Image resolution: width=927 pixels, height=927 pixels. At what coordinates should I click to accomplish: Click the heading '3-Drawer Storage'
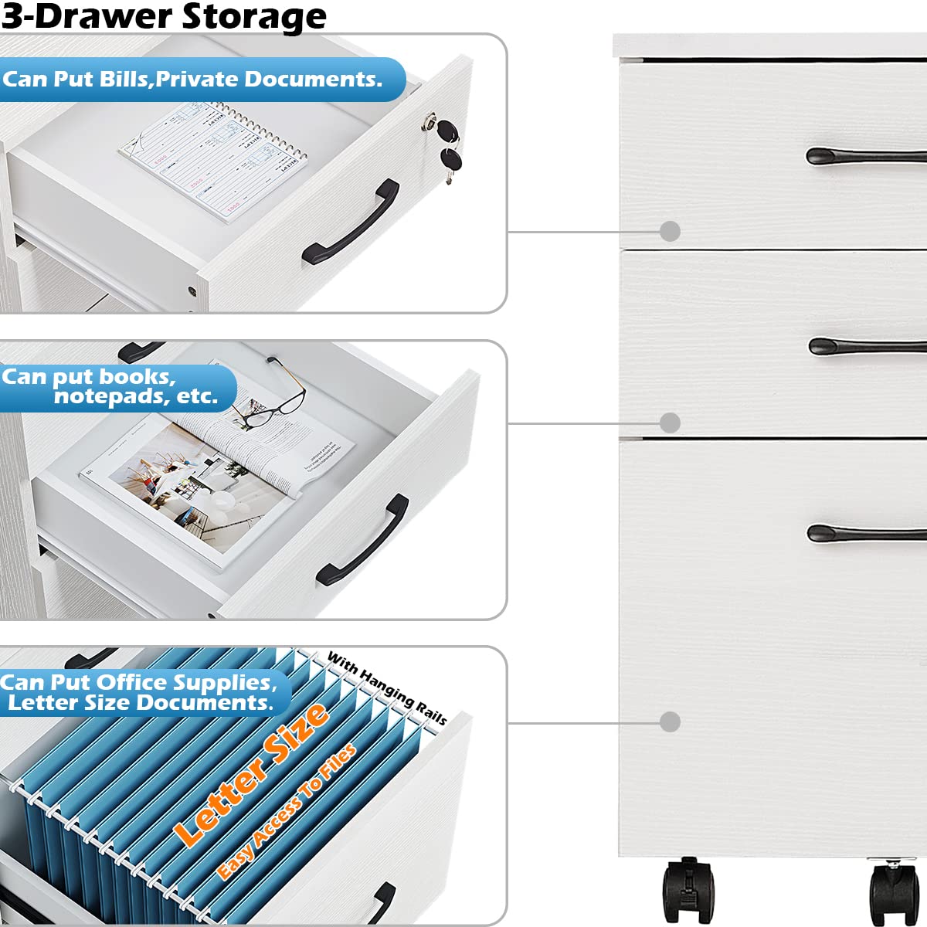164,16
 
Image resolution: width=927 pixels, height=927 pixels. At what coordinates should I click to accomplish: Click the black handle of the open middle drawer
363,540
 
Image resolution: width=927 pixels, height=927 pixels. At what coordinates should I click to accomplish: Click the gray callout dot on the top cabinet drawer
670,231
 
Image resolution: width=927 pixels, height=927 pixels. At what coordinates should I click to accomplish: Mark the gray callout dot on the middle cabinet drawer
670,423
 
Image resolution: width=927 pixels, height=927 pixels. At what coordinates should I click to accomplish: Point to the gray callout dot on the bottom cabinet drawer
670,722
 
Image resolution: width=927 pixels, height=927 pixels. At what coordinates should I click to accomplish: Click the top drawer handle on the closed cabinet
865,157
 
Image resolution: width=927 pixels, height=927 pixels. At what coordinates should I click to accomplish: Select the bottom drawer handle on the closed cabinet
865,533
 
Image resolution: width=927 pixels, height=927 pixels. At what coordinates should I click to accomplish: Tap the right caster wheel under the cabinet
896,892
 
